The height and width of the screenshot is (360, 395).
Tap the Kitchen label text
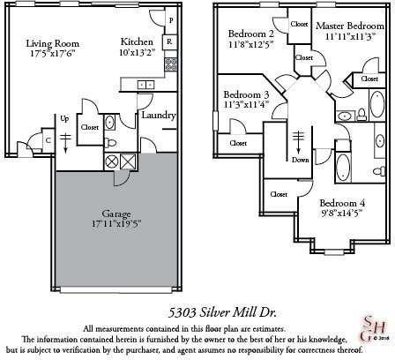137,41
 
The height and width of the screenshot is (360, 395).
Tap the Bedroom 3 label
246,94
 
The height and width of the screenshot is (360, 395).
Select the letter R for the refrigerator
168,41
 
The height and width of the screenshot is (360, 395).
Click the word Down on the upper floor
301,160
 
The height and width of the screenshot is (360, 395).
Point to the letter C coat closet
46,139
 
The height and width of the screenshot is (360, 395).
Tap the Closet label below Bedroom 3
239,142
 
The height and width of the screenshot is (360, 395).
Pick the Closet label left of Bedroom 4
279,193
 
